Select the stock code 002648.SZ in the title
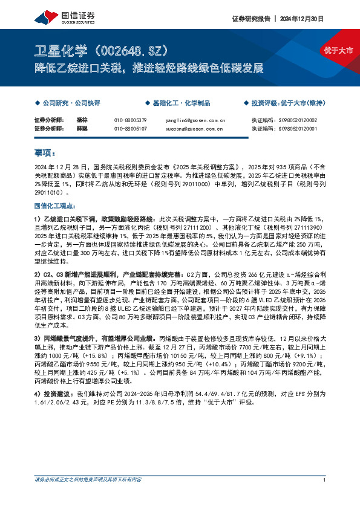click(x=125, y=50)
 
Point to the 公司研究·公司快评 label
click(x=67, y=103)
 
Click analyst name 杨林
click(x=82, y=120)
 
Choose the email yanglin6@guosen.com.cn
click(x=195, y=120)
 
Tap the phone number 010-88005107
click(x=131, y=129)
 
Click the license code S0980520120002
click(x=295, y=120)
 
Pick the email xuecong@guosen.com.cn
click(x=195, y=129)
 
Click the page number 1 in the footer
click(x=326, y=497)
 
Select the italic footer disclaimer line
click(x=88, y=497)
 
